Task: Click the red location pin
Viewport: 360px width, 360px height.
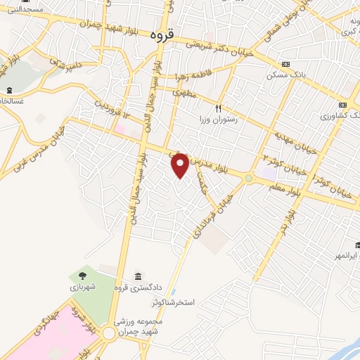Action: (180, 165)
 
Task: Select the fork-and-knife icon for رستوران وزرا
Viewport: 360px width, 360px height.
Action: (218, 108)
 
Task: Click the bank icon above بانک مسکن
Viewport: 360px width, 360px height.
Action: (284, 63)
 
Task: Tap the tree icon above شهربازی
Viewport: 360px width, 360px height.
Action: (84, 276)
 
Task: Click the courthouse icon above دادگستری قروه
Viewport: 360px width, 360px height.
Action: (137, 276)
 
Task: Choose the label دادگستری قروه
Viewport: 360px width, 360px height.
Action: (137, 287)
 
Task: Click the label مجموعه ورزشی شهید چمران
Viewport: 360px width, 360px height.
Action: (140, 326)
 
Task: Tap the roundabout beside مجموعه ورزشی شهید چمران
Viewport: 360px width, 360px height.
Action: (109, 333)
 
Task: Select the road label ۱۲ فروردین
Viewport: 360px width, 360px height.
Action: (112, 113)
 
